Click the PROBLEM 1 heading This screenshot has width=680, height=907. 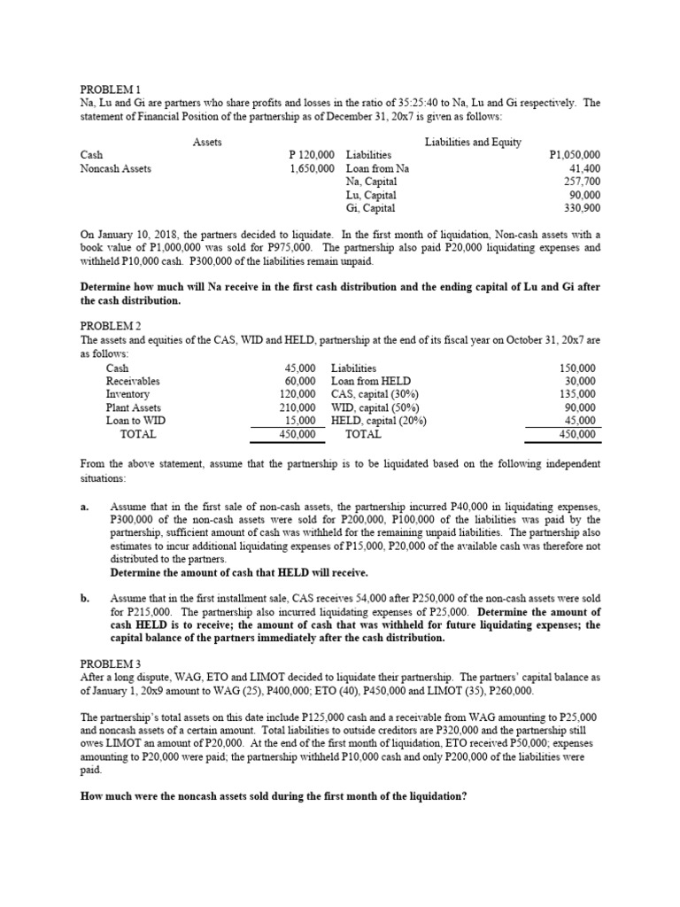pos(111,89)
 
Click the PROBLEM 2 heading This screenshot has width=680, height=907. pos(111,326)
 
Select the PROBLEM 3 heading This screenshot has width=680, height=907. pos(111,663)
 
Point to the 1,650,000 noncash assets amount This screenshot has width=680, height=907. pos(312,167)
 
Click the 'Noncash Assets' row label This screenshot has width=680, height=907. pos(115,167)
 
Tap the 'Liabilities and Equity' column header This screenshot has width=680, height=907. pos(473,141)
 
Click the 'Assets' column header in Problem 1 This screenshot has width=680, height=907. pos(207,141)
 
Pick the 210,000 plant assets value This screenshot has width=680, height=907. pos(297,407)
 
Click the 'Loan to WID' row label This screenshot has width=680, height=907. pos(135,421)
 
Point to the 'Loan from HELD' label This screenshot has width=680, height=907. pos(369,381)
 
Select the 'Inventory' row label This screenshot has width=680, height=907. pos(129,394)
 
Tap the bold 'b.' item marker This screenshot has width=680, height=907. pos(84,600)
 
